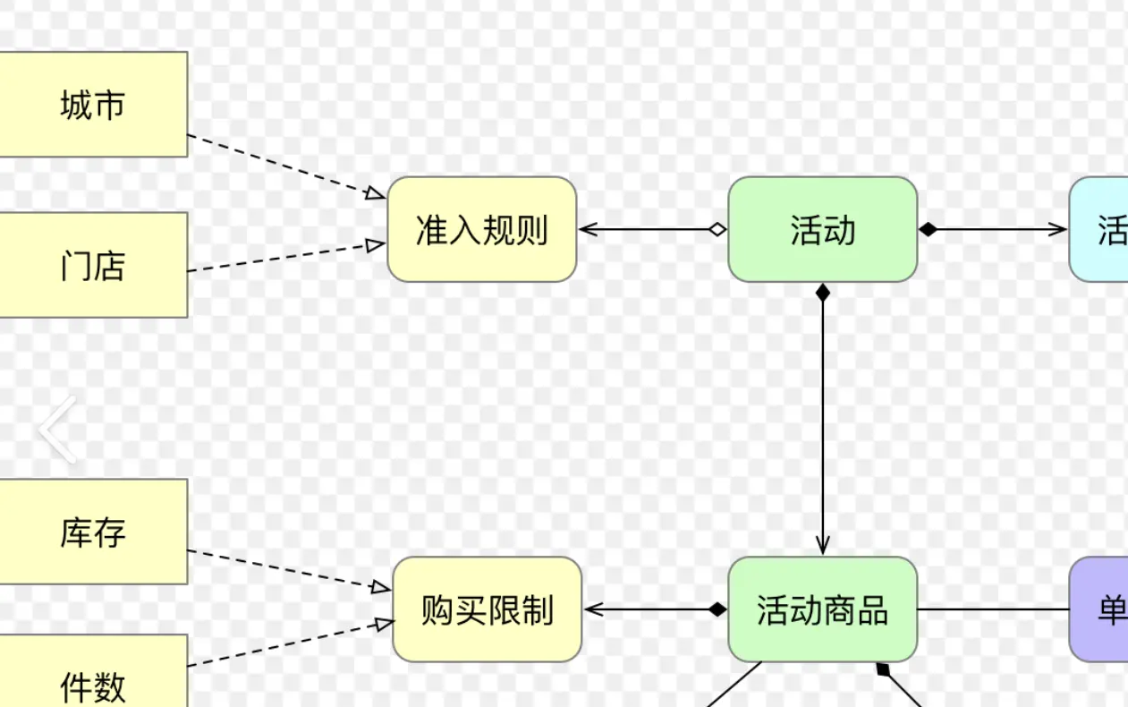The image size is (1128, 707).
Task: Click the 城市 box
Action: [92, 105]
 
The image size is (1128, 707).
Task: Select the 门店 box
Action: [92, 265]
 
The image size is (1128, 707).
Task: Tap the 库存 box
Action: [92, 532]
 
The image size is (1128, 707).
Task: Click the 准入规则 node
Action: [481, 230]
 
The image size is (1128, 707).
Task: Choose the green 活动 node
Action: [822, 230]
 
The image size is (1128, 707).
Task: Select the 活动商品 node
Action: [822, 610]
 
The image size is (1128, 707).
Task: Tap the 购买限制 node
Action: [487, 610]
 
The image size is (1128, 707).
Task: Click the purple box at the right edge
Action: [1100, 610]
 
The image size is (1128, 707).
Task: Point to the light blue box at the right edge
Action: [1100, 230]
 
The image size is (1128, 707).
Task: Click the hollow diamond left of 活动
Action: [717, 230]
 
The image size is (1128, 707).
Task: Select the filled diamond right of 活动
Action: [929, 230]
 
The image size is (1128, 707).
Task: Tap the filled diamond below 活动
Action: [823, 292]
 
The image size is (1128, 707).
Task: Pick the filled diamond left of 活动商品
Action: [717, 610]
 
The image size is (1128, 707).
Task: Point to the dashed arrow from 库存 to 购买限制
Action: [286, 570]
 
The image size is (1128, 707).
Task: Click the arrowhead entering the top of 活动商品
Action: [823, 545]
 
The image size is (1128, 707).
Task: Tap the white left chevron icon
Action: [57, 430]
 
